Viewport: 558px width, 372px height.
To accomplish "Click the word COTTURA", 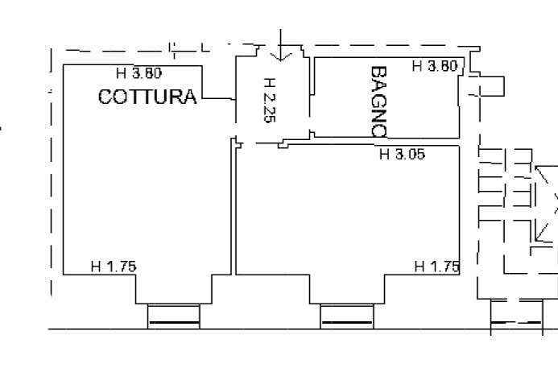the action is click(x=147, y=97).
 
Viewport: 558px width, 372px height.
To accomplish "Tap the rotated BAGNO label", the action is click(x=378, y=101).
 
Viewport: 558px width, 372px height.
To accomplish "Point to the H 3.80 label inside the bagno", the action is click(x=436, y=67).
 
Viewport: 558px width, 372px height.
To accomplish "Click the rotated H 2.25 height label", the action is click(x=270, y=99).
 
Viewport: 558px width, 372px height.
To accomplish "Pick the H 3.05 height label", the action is click(x=402, y=155).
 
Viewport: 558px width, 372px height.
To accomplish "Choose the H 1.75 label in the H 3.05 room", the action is click(x=436, y=267).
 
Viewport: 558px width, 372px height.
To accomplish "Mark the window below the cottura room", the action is click(x=173, y=316).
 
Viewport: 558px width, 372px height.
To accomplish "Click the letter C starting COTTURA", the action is click(x=105, y=97).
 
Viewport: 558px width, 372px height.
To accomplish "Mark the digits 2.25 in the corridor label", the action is click(x=270, y=105).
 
